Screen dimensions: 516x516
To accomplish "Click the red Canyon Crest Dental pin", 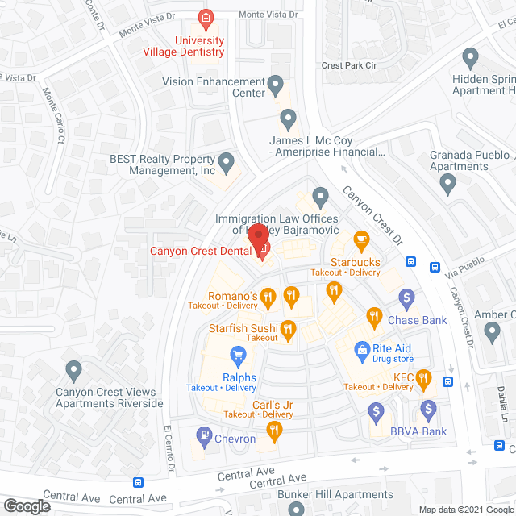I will [x=258, y=239].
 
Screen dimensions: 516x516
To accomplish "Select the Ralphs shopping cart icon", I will [x=238, y=354].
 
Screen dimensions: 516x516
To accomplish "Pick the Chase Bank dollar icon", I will [x=407, y=298].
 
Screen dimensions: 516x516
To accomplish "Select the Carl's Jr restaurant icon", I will [x=275, y=432].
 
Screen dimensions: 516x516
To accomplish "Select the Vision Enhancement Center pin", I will [x=276, y=83].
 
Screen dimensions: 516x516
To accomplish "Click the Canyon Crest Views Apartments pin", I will [x=74, y=371].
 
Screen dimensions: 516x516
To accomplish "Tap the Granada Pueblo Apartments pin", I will [x=448, y=184].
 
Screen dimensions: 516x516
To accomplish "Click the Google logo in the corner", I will [x=26, y=506].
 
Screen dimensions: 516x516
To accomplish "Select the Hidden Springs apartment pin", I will [x=471, y=57].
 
